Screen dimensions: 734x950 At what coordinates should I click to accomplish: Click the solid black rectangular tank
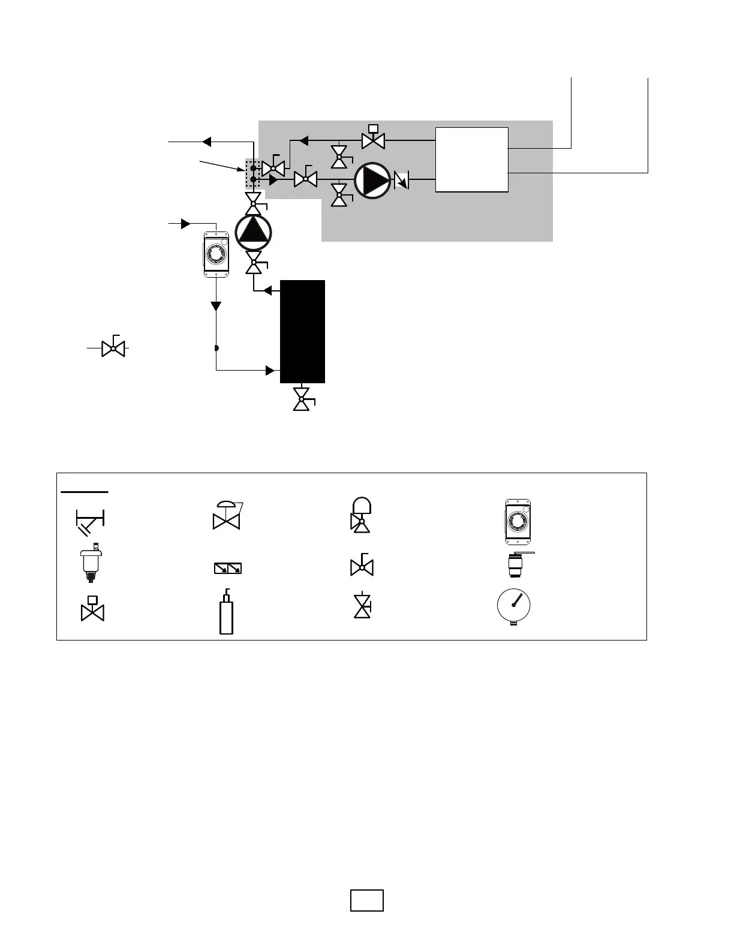click(x=302, y=330)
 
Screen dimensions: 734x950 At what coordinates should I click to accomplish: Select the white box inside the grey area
click(x=471, y=160)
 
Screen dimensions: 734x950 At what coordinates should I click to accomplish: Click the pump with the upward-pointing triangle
click(x=253, y=232)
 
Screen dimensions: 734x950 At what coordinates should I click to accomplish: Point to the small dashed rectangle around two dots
click(x=253, y=174)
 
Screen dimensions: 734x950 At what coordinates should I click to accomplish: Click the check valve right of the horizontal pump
click(x=401, y=179)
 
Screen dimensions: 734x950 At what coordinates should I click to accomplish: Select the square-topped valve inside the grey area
click(x=373, y=138)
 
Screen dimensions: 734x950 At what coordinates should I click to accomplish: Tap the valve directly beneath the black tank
click(x=302, y=399)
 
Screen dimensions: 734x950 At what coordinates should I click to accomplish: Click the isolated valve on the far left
click(x=113, y=347)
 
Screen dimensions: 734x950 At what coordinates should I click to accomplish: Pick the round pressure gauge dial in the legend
click(x=514, y=606)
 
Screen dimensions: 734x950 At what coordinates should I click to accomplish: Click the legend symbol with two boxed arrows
click(x=228, y=568)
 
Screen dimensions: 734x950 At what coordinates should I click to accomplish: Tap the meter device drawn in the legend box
click(x=518, y=521)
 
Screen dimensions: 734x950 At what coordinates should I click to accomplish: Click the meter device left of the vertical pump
click(x=216, y=254)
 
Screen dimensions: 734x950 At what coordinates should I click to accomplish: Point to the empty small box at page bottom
click(x=366, y=901)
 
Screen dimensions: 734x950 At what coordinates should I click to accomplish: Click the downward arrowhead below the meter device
click(x=216, y=306)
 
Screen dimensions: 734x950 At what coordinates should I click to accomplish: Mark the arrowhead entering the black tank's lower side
click(x=270, y=371)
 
